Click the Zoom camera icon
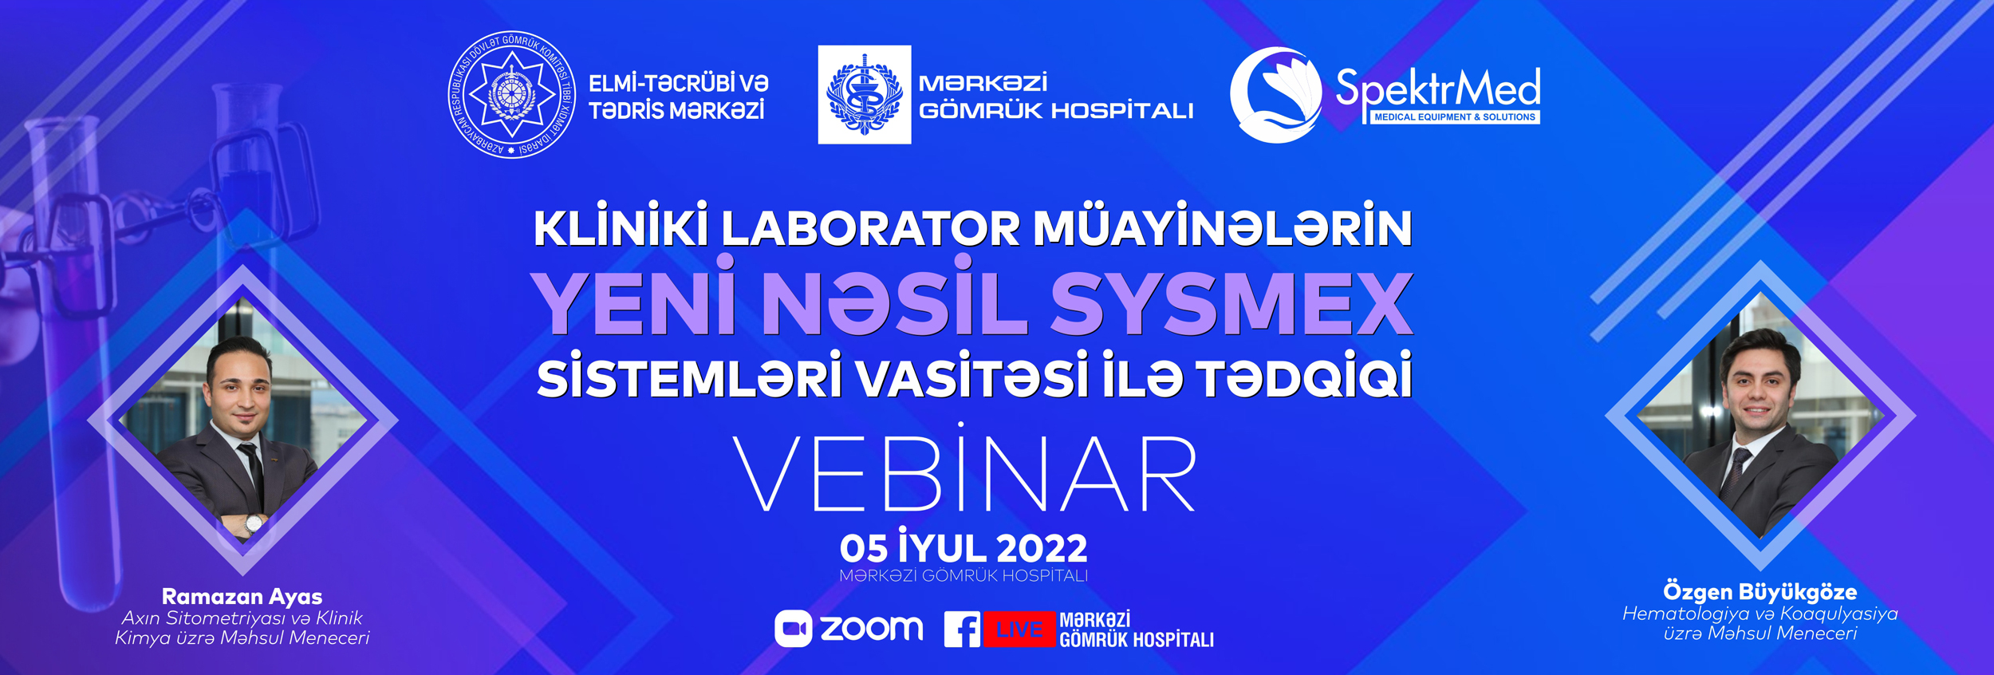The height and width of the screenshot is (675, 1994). [x=793, y=629]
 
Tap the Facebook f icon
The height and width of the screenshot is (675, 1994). [x=963, y=630]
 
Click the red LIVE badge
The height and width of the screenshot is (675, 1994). [x=1019, y=630]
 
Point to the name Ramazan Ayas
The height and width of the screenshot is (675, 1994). [x=242, y=597]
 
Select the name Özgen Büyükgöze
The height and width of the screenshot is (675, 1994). [x=1760, y=592]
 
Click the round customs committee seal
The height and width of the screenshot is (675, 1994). [x=511, y=95]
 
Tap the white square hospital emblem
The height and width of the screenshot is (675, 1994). [x=865, y=94]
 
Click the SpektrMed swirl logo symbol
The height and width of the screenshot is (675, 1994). [x=1275, y=95]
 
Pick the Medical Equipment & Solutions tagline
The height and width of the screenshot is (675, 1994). [x=1455, y=117]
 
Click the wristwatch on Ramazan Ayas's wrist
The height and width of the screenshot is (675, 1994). [x=254, y=524]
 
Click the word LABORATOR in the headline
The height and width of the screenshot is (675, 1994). [x=870, y=229]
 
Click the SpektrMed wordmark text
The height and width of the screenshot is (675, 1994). [x=1438, y=87]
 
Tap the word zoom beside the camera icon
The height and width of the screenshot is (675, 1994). [x=872, y=628]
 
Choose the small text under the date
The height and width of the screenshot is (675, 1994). [x=964, y=576]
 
